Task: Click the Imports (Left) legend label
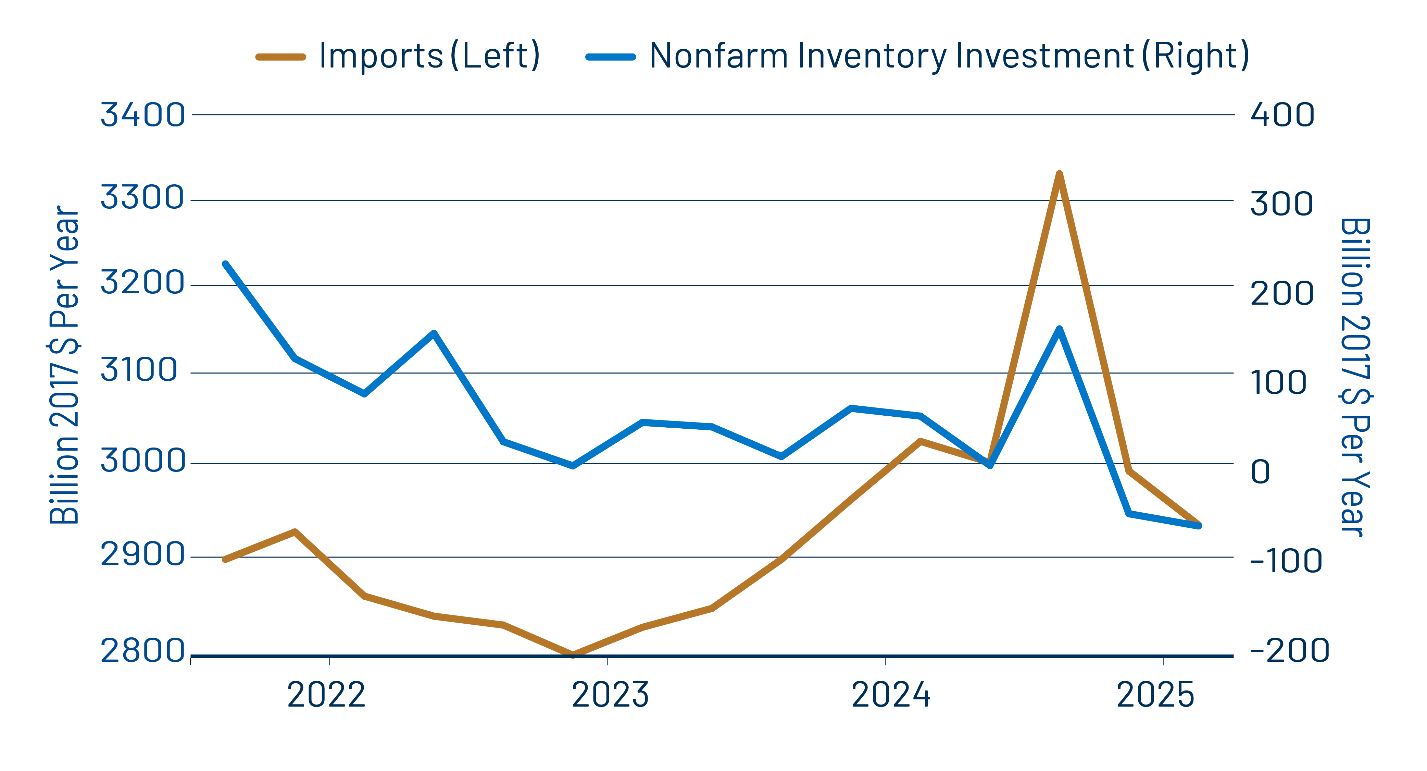429,56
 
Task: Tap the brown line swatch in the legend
281,57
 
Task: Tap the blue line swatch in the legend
611,57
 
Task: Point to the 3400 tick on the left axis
142,115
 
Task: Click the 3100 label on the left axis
139,370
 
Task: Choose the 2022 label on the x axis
326,695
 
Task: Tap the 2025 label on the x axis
1155,695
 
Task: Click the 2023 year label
610,695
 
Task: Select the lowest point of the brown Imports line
573,654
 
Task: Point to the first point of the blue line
225,265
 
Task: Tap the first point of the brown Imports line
225,559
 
